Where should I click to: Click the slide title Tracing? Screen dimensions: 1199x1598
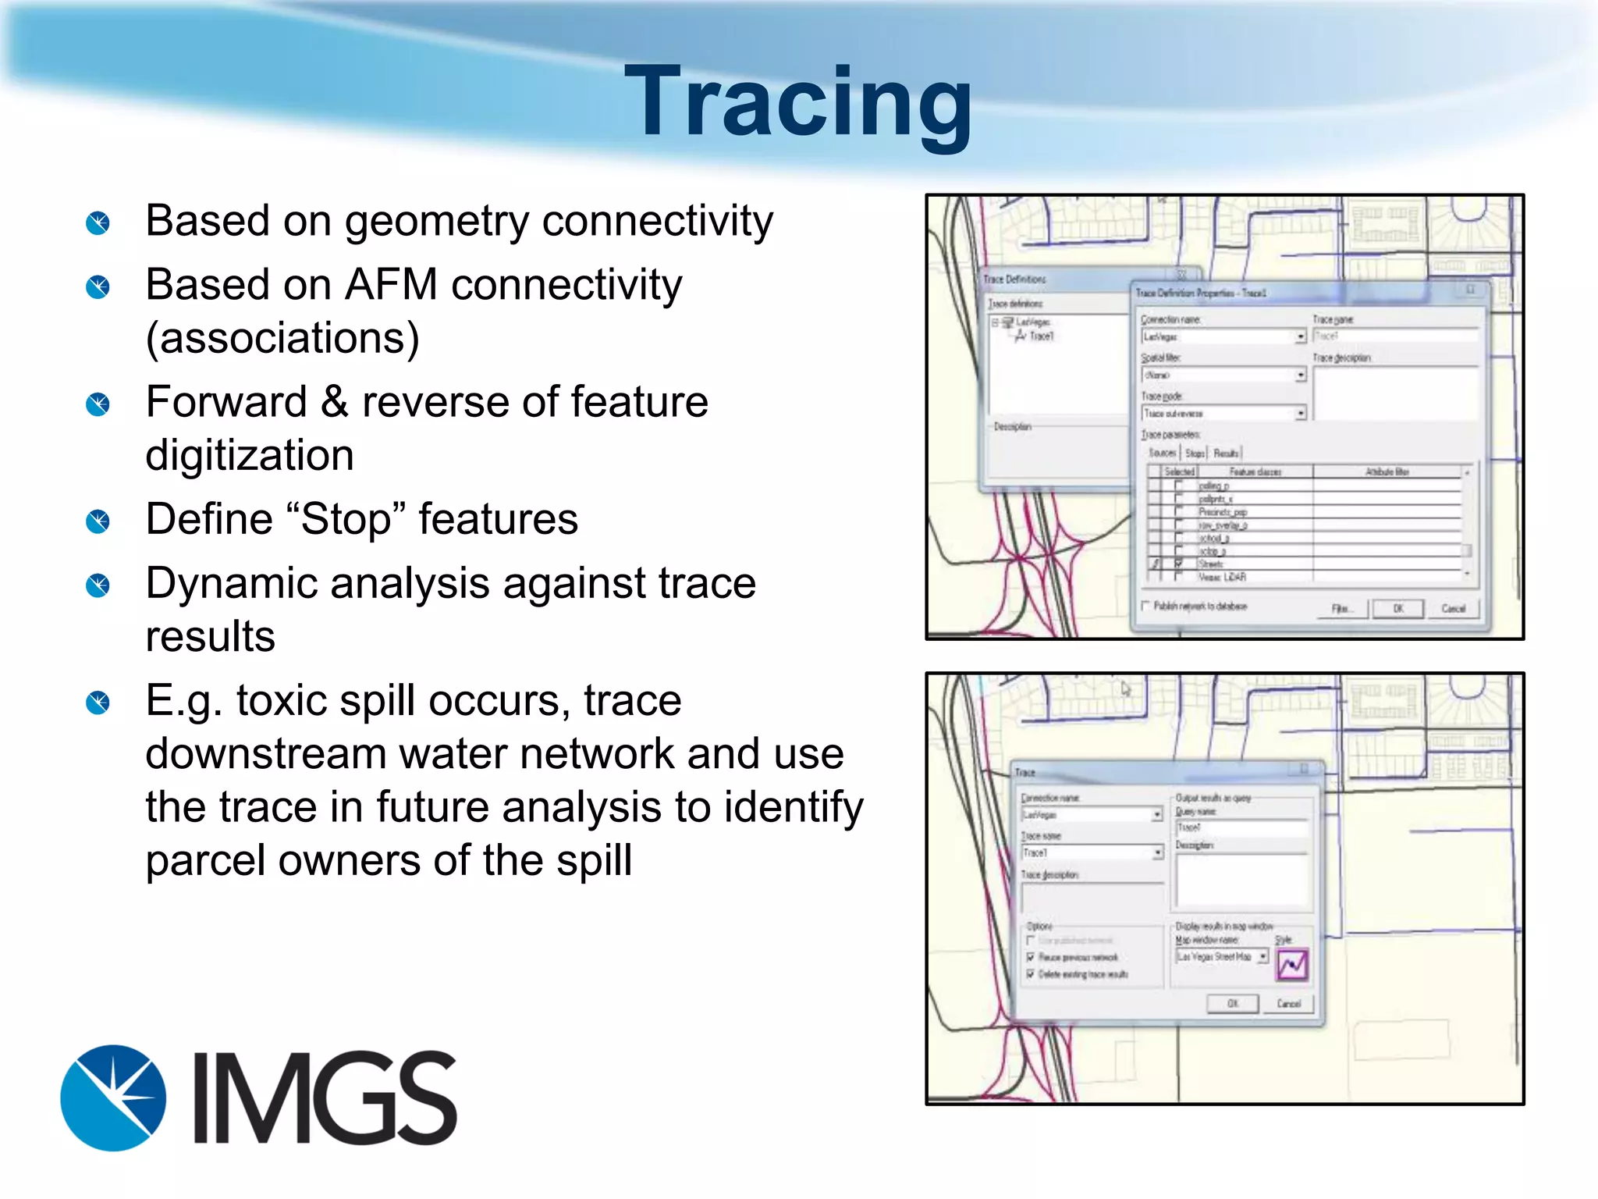tap(798, 101)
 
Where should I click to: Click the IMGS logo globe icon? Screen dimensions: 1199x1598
tap(114, 1098)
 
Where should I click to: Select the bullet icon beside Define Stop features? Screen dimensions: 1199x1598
tap(98, 521)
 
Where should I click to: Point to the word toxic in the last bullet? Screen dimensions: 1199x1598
tap(286, 700)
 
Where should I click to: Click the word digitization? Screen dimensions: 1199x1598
tap(250, 455)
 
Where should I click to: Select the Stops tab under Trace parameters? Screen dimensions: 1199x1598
tap(1195, 453)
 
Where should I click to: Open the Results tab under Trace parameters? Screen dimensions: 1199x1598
tap(1226, 453)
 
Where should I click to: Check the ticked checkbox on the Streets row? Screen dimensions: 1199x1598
tap(1179, 563)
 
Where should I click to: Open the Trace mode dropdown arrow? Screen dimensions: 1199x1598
tap(1301, 414)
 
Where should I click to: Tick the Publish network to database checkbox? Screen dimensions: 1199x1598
tap(1146, 606)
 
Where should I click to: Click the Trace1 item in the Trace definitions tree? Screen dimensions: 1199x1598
tap(1041, 336)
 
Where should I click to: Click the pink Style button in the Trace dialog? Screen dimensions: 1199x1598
tap(1292, 966)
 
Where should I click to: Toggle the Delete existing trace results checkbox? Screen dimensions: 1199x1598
tap(1031, 974)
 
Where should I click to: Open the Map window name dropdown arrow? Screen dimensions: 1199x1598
tap(1262, 956)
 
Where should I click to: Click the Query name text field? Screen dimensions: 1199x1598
tap(1241, 827)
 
